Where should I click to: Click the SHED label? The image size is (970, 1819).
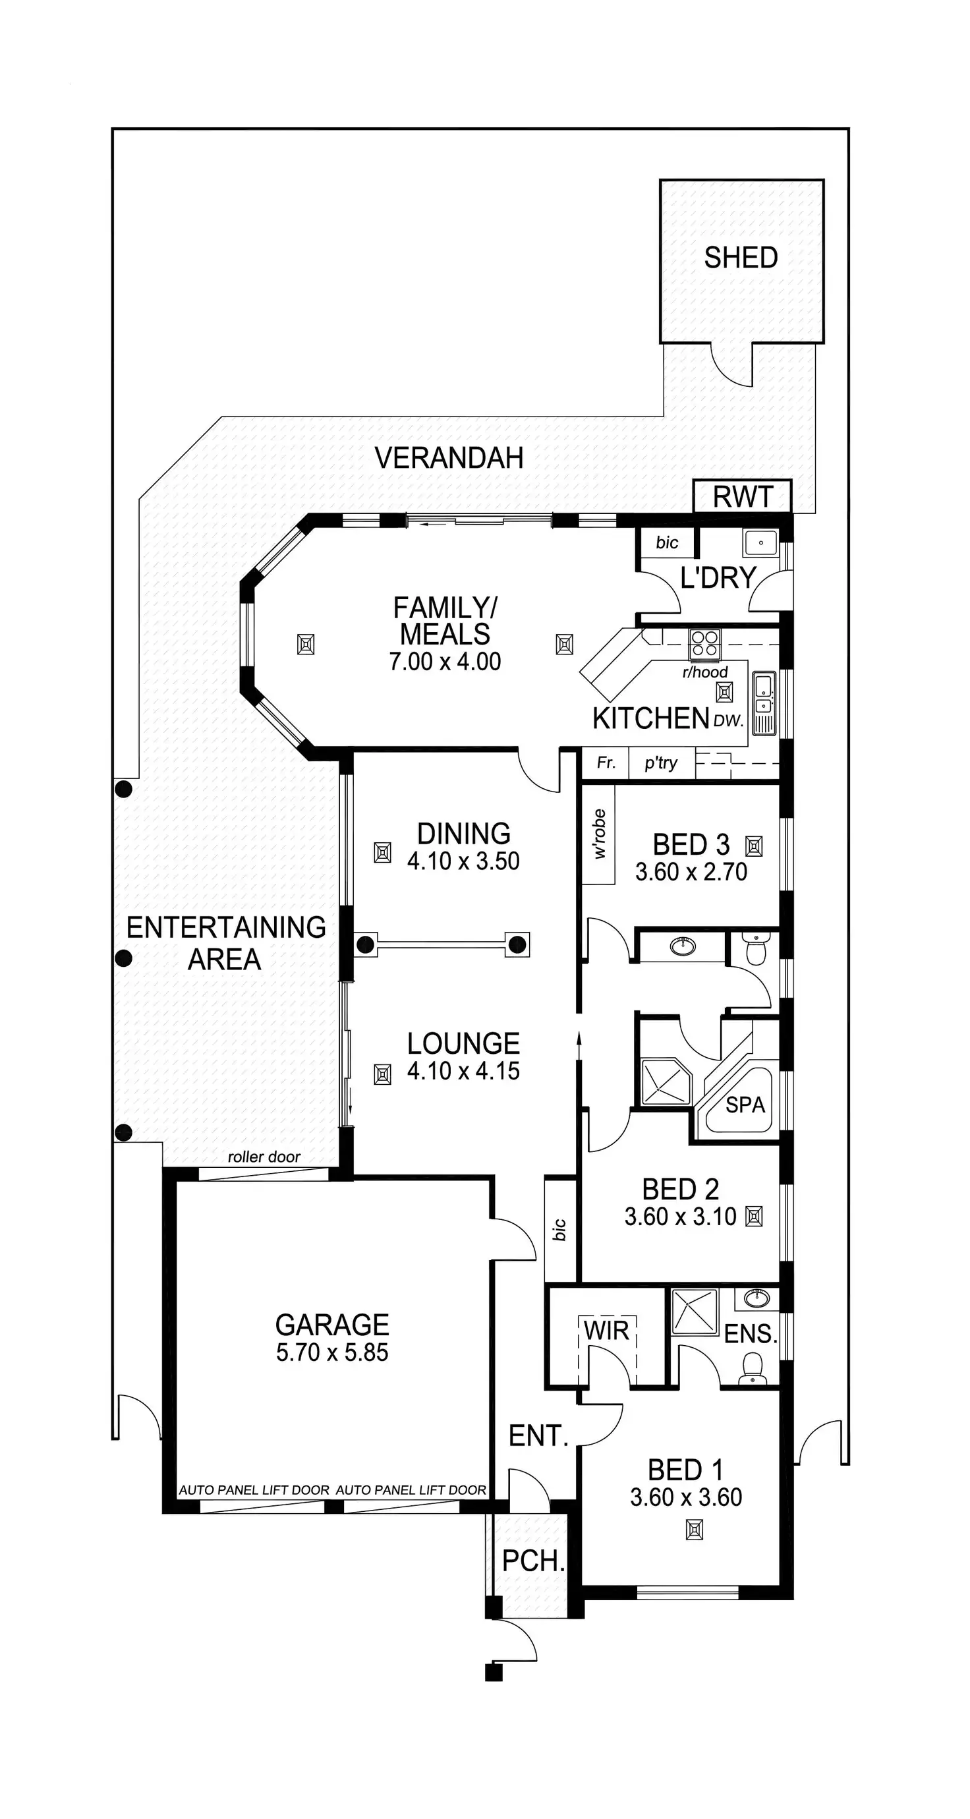click(741, 258)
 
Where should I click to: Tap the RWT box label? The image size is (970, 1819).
click(743, 497)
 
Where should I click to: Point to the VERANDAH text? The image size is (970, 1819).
click(449, 458)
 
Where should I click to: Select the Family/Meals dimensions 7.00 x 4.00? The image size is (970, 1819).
click(445, 662)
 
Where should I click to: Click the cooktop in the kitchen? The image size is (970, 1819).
click(704, 644)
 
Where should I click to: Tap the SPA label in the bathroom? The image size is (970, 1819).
click(745, 1105)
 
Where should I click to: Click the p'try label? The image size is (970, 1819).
click(661, 763)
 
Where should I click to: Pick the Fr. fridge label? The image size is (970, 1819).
click(606, 763)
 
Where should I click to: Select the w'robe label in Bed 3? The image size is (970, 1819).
click(600, 834)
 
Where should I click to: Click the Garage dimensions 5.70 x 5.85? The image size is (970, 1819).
click(332, 1352)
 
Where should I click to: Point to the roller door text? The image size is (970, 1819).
click(264, 1157)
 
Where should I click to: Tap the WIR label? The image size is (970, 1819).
click(606, 1331)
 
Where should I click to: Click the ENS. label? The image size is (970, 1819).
click(751, 1334)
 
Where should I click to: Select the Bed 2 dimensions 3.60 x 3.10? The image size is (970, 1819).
click(680, 1216)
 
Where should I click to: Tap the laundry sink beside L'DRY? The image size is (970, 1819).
click(760, 543)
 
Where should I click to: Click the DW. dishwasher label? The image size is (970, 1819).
click(729, 721)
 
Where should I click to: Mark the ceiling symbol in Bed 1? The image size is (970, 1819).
click(695, 1530)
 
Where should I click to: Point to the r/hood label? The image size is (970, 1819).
click(704, 672)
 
